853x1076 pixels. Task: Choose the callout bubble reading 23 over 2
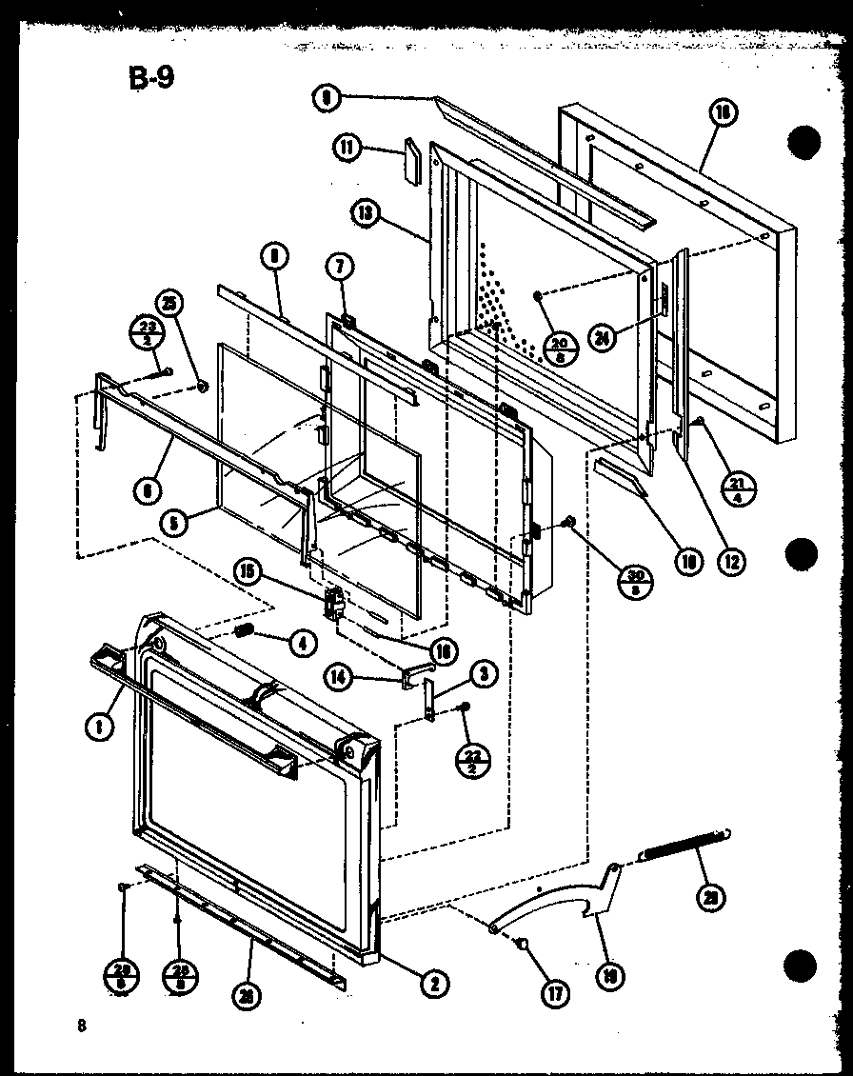(x=140, y=335)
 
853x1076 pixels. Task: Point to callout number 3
(x=483, y=675)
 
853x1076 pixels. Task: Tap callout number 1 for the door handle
(x=100, y=727)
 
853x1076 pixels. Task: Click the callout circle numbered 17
(x=554, y=994)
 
